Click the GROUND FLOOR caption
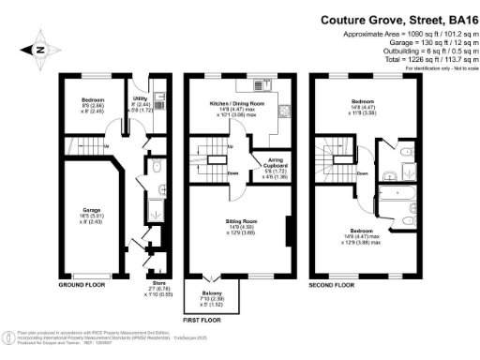pyautogui.click(x=84, y=284)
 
